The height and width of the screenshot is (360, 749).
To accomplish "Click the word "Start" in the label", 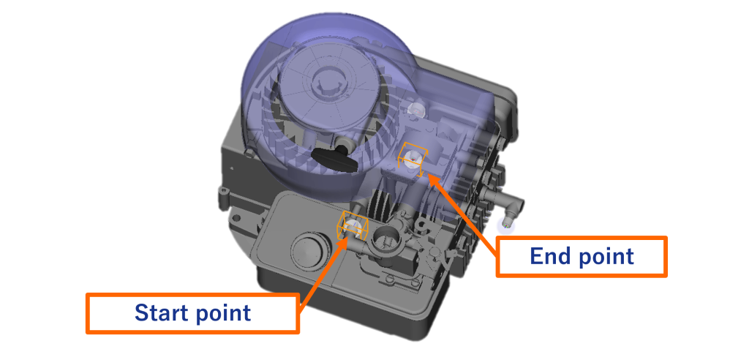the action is (162, 313).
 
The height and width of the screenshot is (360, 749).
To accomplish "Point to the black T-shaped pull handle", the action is (334, 160).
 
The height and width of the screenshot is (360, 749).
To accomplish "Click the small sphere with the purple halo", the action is (506, 222).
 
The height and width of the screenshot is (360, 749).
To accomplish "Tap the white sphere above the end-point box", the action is (416, 109).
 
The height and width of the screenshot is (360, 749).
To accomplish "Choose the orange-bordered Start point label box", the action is (193, 314).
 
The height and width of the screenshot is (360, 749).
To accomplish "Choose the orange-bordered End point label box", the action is (581, 257).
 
